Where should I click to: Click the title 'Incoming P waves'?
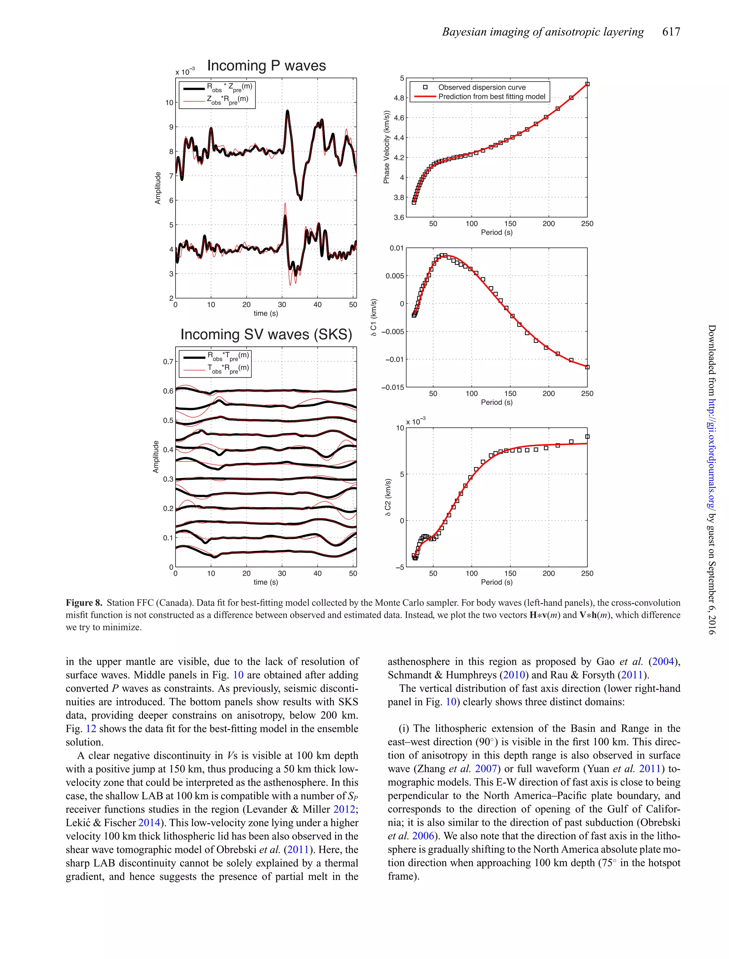(x=266, y=66)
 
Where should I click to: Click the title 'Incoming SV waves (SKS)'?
(x=266, y=334)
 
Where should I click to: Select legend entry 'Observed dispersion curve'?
(x=482, y=87)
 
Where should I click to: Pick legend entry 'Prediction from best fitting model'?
(x=491, y=97)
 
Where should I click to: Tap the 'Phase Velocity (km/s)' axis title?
(x=386, y=147)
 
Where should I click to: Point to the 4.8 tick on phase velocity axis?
(x=399, y=98)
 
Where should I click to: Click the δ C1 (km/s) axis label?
(x=374, y=318)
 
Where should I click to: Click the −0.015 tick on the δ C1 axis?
(x=392, y=387)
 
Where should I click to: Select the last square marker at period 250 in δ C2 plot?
(x=587, y=437)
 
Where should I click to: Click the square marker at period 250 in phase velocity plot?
(x=587, y=84)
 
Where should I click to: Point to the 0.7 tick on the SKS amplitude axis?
(x=168, y=362)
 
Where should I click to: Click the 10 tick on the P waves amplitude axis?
(x=169, y=103)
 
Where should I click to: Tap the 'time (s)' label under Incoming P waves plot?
(x=266, y=313)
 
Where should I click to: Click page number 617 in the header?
(x=671, y=32)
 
